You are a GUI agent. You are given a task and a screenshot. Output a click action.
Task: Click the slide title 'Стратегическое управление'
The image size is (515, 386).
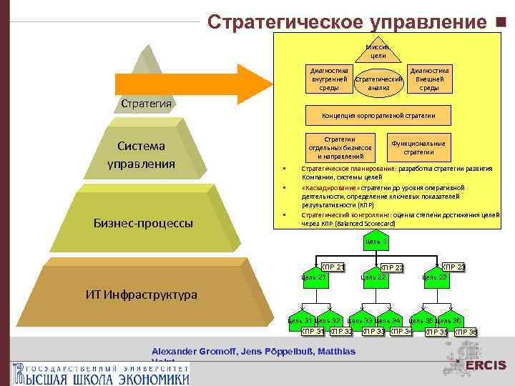[345, 22]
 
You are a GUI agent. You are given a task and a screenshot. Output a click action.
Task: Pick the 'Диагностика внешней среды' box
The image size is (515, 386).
[429, 79]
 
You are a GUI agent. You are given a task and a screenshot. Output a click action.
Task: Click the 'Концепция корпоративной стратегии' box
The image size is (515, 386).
[378, 114]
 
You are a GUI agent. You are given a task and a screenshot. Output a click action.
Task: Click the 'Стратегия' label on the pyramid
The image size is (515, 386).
[146, 104]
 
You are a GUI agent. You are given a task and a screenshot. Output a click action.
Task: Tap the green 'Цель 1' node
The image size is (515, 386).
[376, 242]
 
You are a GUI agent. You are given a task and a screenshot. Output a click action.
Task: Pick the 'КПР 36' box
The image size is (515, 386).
[466, 332]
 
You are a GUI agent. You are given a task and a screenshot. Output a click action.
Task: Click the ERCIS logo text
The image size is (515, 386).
[486, 366]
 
